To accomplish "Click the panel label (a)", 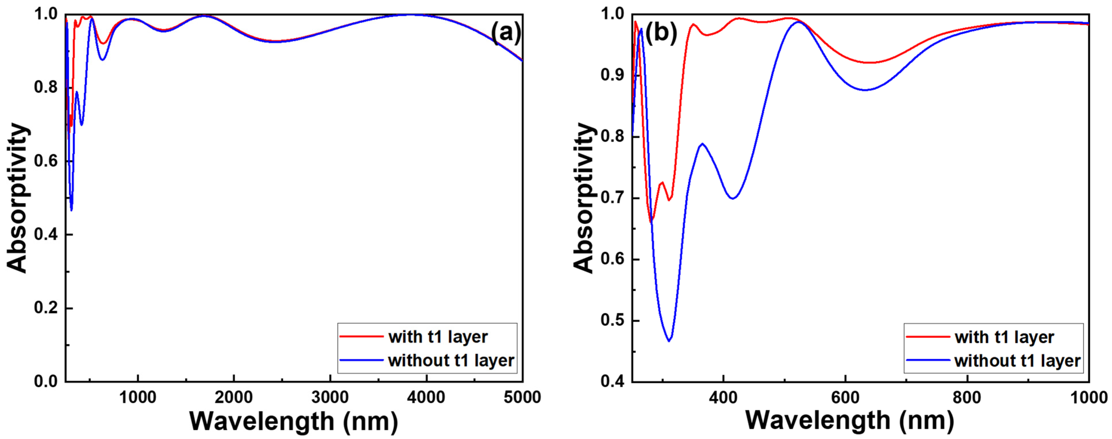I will pos(506,32).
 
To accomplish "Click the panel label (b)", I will pos(661,32).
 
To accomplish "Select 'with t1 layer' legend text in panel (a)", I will pos(438,336).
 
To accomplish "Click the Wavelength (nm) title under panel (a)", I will pos(294,421).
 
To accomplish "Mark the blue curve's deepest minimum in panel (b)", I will pos(669,341).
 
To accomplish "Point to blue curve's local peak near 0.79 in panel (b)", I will pos(702,143).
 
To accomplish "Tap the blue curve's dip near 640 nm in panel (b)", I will pos(865,90).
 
